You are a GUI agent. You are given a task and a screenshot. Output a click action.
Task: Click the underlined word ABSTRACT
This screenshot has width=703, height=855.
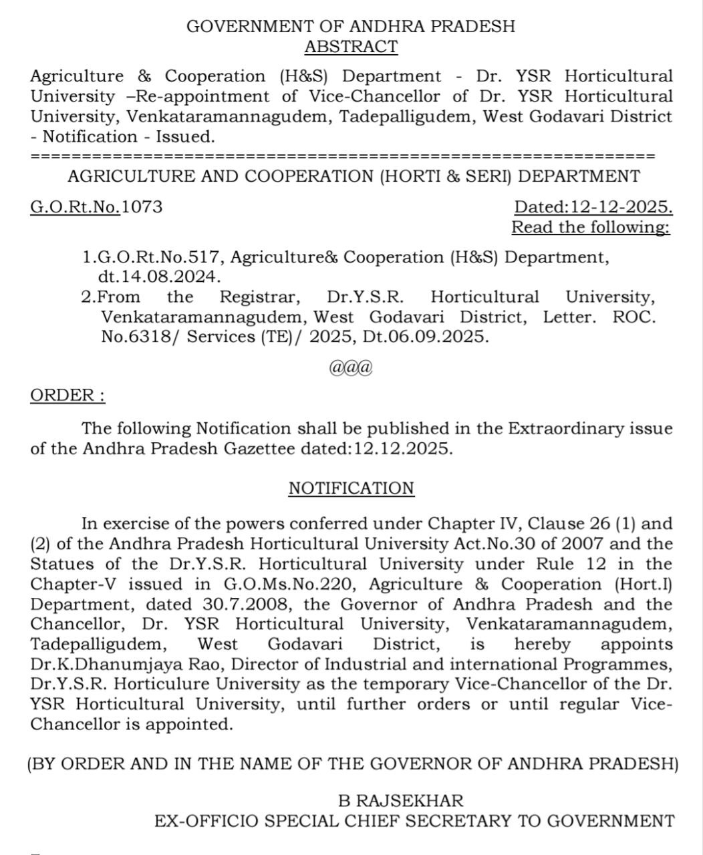(x=351, y=47)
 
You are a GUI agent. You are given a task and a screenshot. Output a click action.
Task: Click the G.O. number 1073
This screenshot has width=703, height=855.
(x=142, y=206)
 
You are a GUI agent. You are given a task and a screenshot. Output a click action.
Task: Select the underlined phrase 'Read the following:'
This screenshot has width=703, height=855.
(x=591, y=227)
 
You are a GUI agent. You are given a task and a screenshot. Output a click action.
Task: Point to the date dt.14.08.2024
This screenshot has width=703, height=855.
(x=160, y=277)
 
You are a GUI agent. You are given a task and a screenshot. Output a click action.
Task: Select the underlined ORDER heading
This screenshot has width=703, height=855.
(x=67, y=395)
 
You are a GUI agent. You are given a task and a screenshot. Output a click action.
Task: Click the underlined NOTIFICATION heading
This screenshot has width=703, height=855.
(x=351, y=488)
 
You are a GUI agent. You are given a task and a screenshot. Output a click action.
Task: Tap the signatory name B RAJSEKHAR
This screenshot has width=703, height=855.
(x=401, y=800)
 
